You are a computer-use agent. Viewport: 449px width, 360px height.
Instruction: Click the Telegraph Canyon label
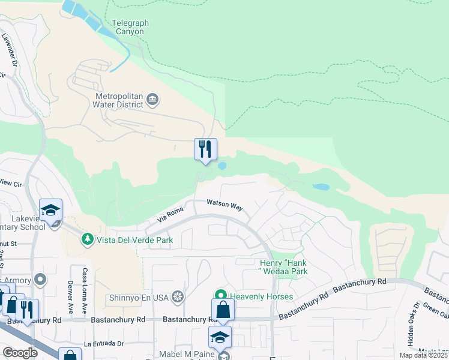pyautogui.click(x=130, y=28)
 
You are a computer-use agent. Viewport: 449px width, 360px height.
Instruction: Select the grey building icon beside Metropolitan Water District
pyautogui.click(x=152, y=99)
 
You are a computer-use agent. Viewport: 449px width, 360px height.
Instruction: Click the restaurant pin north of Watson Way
pyautogui.click(x=205, y=149)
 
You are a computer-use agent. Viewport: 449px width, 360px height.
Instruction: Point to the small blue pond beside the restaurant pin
pyautogui.click(x=222, y=166)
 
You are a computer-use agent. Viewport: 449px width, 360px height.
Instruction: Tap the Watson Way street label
pyautogui.click(x=224, y=205)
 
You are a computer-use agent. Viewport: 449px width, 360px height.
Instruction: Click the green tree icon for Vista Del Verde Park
pyautogui.click(x=88, y=240)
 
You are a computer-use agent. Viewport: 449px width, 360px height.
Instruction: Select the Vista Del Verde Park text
pyautogui.click(x=135, y=240)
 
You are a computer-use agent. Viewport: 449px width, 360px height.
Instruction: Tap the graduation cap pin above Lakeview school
pyautogui.click(x=51, y=210)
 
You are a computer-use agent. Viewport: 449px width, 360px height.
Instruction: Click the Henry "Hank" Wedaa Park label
pyautogui.click(x=283, y=267)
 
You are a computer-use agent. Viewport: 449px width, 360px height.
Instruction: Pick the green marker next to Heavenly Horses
pyautogui.click(x=220, y=296)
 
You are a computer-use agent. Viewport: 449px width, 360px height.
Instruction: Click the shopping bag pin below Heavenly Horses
pyautogui.click(x=223, y=310)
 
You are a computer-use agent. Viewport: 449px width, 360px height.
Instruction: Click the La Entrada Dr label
pyautogui.click(x=104, y=344)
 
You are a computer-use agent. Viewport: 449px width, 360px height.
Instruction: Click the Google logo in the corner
pyautogui.click(x=20, y=353)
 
